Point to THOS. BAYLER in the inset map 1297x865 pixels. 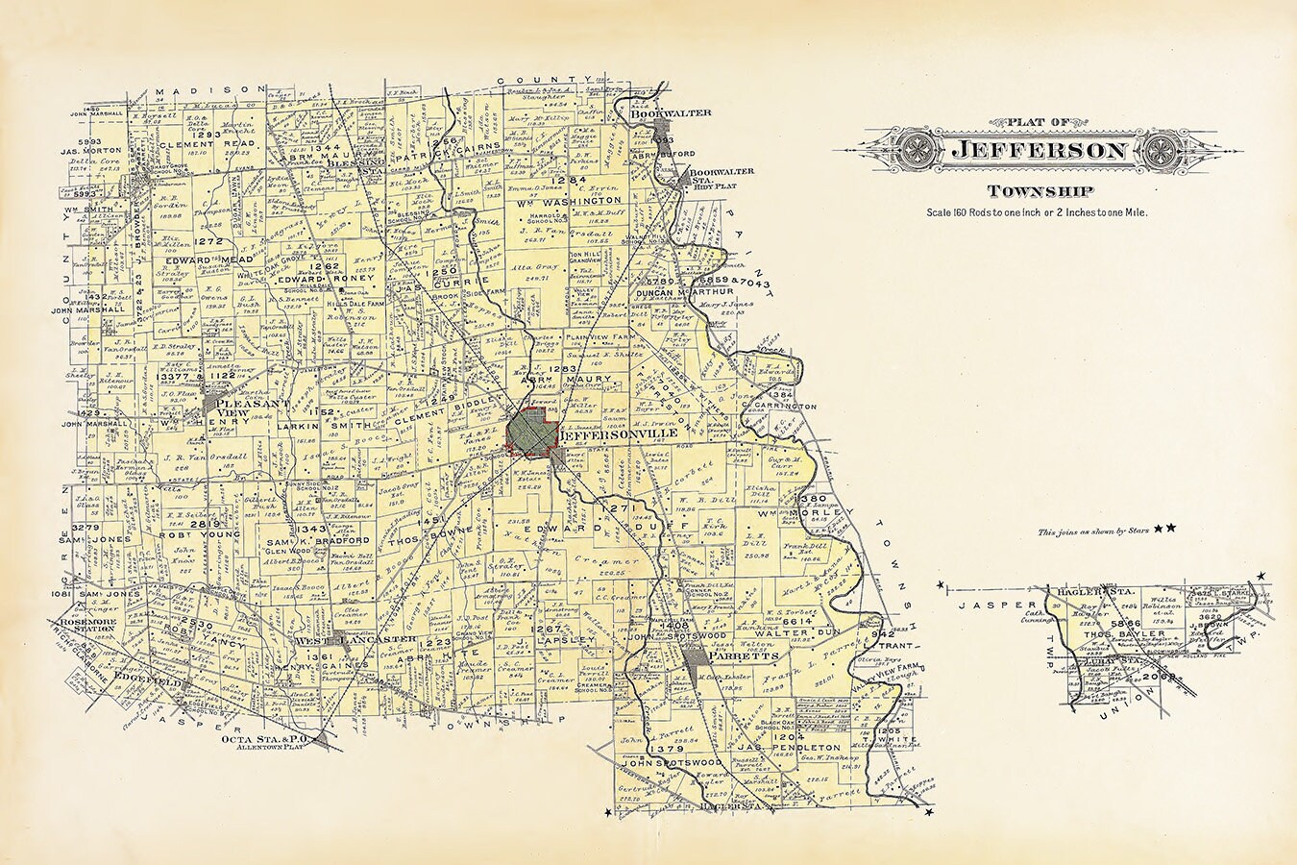(x=1121, y=634)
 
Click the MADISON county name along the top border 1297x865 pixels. (x=204, y=88)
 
